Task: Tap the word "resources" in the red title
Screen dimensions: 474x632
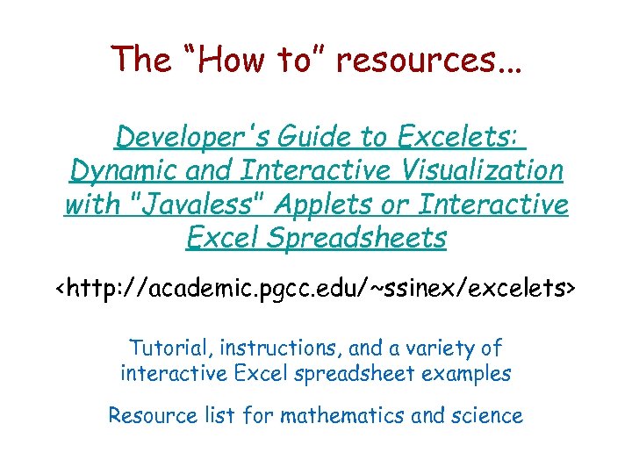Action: click(413, 60)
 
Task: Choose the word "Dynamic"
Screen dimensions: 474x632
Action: click(119, 171)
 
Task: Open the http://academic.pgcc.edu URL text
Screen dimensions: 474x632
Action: click(316, 287)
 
